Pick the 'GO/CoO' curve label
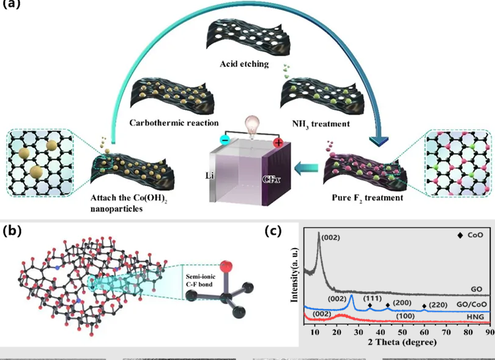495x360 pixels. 471,303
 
